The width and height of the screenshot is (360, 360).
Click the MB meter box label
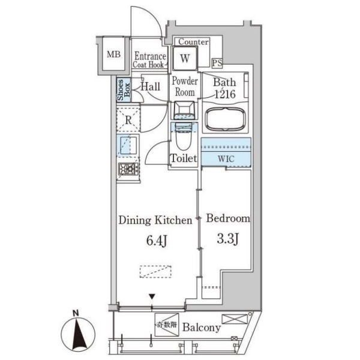click(113, 55)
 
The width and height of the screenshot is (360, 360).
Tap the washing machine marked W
click(185, 58)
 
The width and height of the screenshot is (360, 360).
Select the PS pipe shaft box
click(217, 63)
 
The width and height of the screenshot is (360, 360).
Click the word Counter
click(194, 42)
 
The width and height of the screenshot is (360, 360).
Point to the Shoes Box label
click(124, 90)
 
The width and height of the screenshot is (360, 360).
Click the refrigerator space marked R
click(128, 120)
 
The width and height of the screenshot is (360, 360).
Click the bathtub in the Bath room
click(225, 119)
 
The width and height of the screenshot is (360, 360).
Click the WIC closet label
click(226, 158)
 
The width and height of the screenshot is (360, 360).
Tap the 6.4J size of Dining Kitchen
click(157, 241)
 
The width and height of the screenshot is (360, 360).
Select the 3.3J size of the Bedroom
click(228, 239)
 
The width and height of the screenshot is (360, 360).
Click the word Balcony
click(202, 328)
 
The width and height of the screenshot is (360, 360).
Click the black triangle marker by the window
click(152, 296)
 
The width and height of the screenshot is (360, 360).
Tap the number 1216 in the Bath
click(225, 94)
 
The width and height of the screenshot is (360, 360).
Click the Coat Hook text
click(149, 65)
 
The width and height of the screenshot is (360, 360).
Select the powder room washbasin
click(184, 110)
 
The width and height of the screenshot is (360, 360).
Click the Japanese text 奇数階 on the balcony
click(167, 325)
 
